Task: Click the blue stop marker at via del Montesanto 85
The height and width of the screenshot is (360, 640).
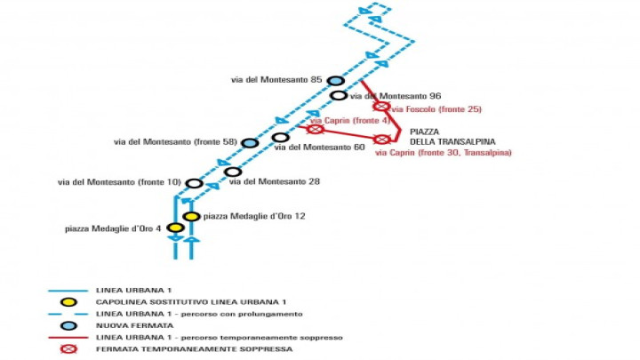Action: pyautogui.click(x=335, y=80)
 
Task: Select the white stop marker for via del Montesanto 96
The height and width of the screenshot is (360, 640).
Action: pyautogui.click(x=339, y=95)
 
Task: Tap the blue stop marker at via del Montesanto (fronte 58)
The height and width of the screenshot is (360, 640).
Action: pyautogui.click(x=250, y=143)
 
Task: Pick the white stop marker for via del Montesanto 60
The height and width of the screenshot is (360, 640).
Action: pyautogui.click(x=280, y=138)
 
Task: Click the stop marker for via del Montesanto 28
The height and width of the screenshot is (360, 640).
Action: pyautogui.click(x=233, y=172)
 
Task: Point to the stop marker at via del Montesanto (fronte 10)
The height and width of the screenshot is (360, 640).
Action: pyautogui.click(x=195, y=183)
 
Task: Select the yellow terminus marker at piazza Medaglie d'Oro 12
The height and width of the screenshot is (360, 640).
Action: pyautogui.click(x=191, y=216)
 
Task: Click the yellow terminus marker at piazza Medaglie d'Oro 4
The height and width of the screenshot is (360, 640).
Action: pyautogui.click(x=175, y=228)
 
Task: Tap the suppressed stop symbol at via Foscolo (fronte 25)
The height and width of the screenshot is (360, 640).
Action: pyautogui.click(x=381, y=107)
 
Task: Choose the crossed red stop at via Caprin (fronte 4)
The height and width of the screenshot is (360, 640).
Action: pyautogui.click(x=315, y=130)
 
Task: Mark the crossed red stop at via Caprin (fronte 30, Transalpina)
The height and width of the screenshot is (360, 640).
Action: pyautogui.click(x=381, y=140)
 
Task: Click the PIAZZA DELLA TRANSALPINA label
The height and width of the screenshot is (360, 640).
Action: pyautogui.click(x=452, y=137)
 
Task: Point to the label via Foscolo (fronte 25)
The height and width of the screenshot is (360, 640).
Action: pyautogui.click(x=436, y=109)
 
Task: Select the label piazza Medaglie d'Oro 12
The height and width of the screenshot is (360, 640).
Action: pyautogui.click(x=254, y=216)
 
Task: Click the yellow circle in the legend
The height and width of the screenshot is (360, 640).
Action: pyautogui.click(x=68, y=302)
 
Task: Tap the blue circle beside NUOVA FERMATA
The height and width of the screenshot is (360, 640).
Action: pyautogui.click(x=68, y=325)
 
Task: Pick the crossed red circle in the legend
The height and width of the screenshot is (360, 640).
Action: pyautogui.click(x=68, y=349)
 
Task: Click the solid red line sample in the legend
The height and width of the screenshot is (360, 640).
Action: pyautogui.click(x=68, y=338)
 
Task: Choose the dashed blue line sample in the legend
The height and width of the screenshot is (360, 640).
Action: pyautogui.click(x=68, y=314)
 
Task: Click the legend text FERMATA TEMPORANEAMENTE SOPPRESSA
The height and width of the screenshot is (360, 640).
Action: pyautogui.click(x=195, y=349)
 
